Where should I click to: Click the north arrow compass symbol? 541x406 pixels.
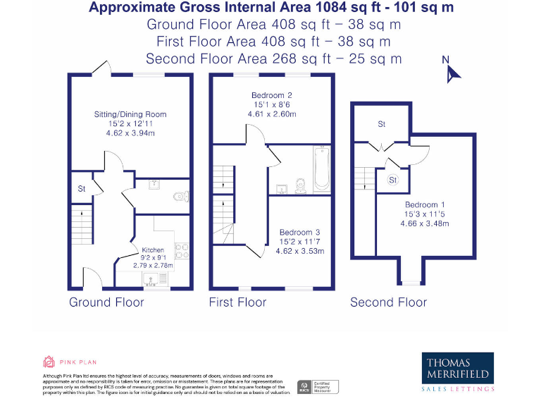point(451,71)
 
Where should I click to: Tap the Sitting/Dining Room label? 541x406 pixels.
point(130,114)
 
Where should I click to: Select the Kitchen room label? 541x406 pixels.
point(153,250)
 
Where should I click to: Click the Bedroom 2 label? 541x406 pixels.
point(271,95)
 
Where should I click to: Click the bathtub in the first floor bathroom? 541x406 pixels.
point(321,169)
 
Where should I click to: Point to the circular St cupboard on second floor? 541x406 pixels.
point(393,180)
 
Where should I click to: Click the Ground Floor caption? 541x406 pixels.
point(106,302)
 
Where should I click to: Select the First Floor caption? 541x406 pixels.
point(237,302)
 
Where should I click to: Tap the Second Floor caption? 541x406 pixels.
point(388,302)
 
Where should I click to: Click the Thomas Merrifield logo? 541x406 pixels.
point(458,372)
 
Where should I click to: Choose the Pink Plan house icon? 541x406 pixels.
point(49,362)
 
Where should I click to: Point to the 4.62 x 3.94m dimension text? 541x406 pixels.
point(130,133)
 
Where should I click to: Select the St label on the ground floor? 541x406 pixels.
point(81,189)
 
